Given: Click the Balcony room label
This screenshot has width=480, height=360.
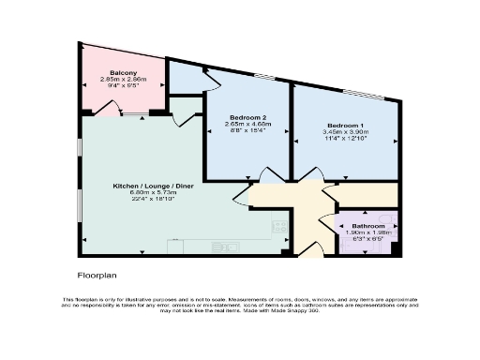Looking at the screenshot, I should click(x=124, y=72).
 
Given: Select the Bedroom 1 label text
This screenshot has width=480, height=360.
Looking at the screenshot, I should click(x=346, y=125).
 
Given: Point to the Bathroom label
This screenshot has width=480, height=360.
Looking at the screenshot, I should click(x=368, y=226).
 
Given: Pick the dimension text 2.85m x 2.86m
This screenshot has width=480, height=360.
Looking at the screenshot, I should click(x=124, y=80).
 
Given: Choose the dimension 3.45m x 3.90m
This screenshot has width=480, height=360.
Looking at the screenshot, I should click(x=346, y=132).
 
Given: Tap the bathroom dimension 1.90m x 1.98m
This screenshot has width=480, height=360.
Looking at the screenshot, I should click(x=368, y=233).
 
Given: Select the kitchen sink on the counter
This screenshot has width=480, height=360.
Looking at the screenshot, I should click(x=224, y=246).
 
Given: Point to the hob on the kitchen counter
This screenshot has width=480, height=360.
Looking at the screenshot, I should click(x=278, y=226).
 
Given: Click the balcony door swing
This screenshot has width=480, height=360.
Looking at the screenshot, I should click(x=109, y=111).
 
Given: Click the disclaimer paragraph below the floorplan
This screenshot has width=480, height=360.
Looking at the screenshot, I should click(x=240, y=304).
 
